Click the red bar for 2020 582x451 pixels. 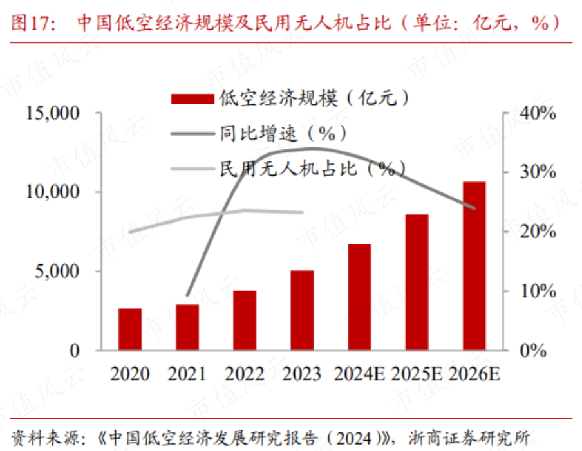click(x=130, y=329)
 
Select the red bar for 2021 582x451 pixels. click(x=187, y=327)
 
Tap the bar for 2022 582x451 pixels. click(x=245, y=320)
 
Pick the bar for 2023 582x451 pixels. click(x=302, y=310)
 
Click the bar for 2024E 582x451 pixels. click(x=360, y=297)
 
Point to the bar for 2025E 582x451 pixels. click(x=417, y=282)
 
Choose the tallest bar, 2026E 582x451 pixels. click(x=474, y=266)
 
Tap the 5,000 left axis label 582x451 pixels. click(x=57, y=271)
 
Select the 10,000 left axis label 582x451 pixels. click(x=52, y=192)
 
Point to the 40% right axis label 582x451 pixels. click(x=538, y=113)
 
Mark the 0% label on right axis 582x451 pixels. click(x=533, y=350)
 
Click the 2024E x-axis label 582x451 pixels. click(x=359, y=374)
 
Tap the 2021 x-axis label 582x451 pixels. click(x=187, y=374)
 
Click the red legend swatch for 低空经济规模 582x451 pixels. click(x=192, y=98)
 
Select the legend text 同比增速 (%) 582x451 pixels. click(x=283, y=134)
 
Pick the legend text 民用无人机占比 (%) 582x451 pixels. click(x=312, y=169)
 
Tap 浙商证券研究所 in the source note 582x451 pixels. click(x=469, y=438)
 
